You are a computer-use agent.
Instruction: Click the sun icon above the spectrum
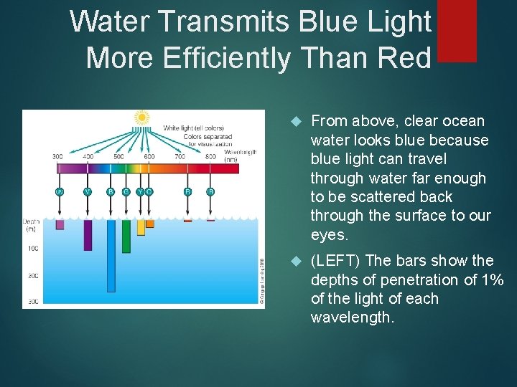[x=142, y=117]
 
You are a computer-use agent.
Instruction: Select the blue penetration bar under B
[x=111, y=254]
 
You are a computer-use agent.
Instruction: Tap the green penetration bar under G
[x=126, y=236]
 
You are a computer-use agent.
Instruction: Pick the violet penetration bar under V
[x=88, y=234]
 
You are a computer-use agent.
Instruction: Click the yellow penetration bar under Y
[x=141, y=227]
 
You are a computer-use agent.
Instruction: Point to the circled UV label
[x=60, y=191]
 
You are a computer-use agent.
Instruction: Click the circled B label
[x=111, y=191]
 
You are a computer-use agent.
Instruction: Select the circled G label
[x=126, y=191]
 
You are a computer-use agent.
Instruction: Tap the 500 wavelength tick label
[x=118, y=156]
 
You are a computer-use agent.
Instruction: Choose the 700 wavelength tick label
[x=180, y=156]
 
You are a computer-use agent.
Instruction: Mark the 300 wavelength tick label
[x=57, y=156]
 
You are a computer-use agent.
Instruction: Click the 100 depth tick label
[x=33, y=249]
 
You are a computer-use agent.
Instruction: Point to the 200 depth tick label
[x=33, y=276]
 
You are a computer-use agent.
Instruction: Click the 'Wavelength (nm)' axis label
[x=240, y=156]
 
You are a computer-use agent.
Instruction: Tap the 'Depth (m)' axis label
[x=32, y=225]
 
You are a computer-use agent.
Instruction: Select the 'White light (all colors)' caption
[x=193, y=128]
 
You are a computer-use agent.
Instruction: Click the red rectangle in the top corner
[x=456, y=30]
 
